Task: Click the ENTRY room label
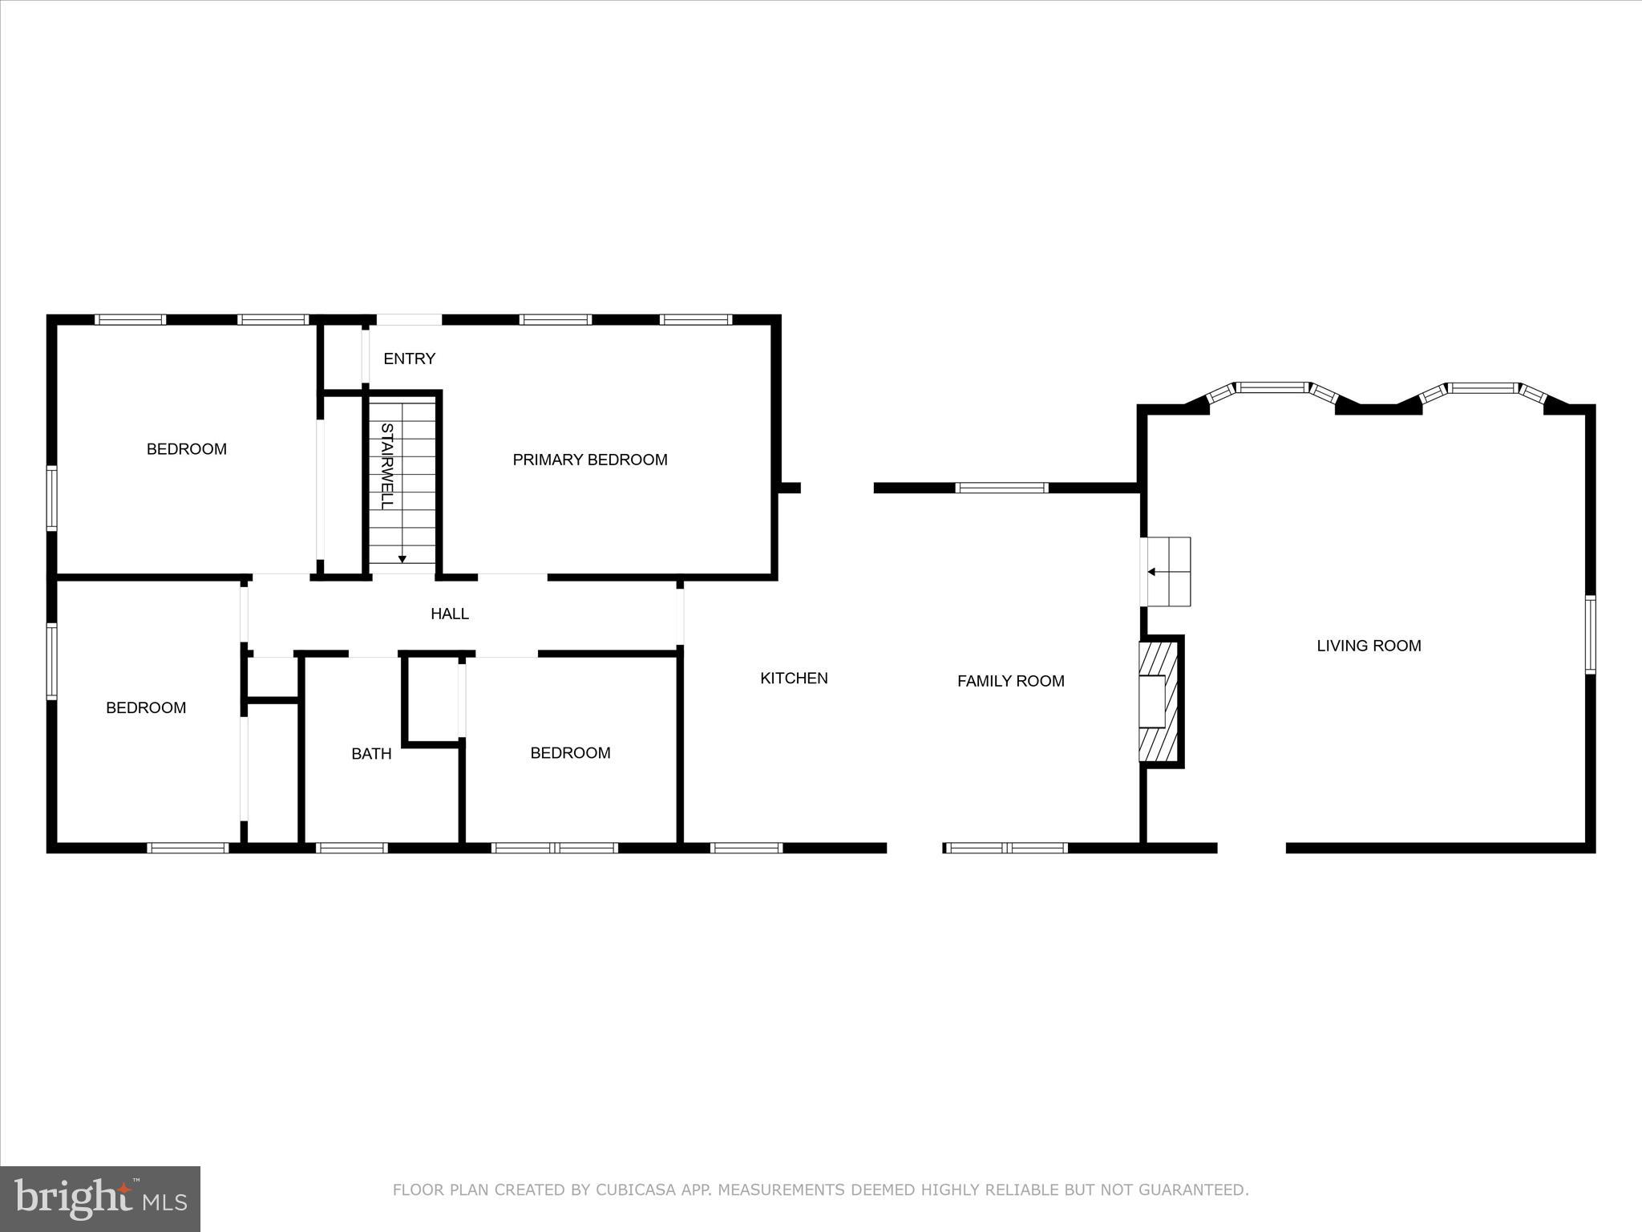point(409,359)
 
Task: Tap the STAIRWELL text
point(386,466)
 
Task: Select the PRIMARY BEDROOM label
point(589,460)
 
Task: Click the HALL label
point(449,614)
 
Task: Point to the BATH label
point(371,753)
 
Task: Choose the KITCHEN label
point(794,679)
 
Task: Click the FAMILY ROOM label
point(1010,681)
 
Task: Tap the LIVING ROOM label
point(1369,646)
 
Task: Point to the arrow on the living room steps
point(1152,572)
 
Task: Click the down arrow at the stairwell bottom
point(402,558)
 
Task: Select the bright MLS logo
point(100,1198)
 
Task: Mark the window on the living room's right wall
point(1590,634)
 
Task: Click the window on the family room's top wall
point(1001,488)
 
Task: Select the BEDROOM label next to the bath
point(570,753)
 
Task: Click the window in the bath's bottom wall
point(352,848)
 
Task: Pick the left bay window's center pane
point(1272,387)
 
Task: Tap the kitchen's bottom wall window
point(746,848)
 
